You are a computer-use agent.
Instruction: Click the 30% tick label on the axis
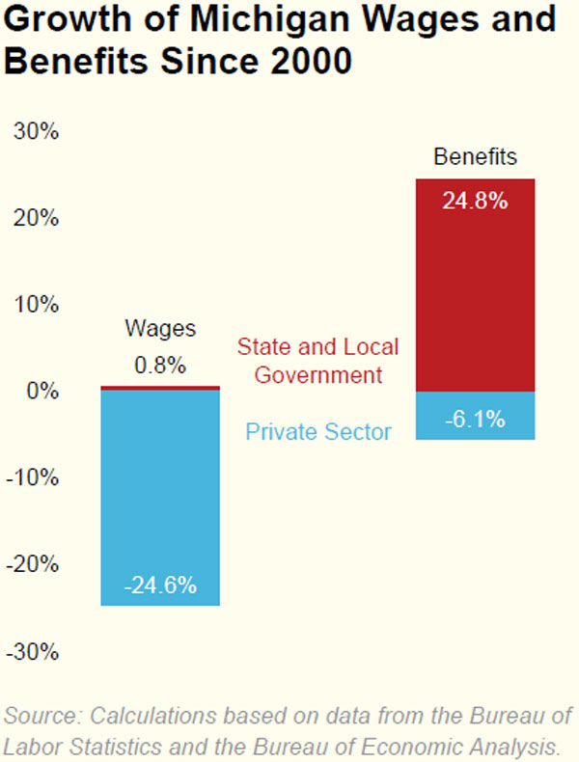pos(38,131)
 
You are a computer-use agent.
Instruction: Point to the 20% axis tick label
pos(38,218)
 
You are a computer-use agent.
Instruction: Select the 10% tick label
pos(38,305)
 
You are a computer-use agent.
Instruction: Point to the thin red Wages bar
pos(160,388)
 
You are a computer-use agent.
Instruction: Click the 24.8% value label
pos(475,202)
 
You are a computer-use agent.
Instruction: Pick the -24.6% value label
pos(160,585)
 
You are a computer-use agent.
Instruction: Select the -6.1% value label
pos(475,419)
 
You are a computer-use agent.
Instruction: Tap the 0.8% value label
pos(160,366)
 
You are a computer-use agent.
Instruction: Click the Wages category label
pos(160,329)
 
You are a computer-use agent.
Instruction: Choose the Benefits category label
pos(475,156)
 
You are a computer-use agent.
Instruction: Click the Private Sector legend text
pos(318,432)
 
